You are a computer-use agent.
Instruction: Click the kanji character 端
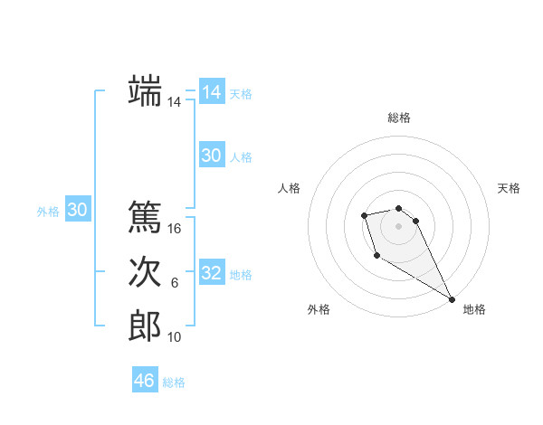tap(145, 91)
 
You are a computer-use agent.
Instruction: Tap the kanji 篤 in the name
tap(145, 217)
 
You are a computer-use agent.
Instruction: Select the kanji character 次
tap(145, 271)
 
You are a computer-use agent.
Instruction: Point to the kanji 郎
tap(145, 326)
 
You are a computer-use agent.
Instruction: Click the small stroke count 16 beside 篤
tap(175, 229)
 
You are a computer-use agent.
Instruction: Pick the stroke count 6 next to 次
tap(175, 283)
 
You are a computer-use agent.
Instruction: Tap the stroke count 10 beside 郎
tap(175, 337)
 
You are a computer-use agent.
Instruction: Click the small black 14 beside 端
tap(175, 103)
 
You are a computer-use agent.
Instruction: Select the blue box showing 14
tap(212, 92)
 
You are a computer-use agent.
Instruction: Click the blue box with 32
tap(212, 273)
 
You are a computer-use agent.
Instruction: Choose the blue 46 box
tap(144, 381)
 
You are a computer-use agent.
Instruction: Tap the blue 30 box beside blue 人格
tap(212, 156)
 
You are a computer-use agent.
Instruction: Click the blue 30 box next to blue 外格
tap(78, 210)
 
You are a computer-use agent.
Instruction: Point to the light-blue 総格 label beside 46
tap(174, 382)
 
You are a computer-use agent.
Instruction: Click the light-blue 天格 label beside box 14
tap(241, 94)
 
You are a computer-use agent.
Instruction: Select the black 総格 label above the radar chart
tap(399, 118)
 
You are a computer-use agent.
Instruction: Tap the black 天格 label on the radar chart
tap(510, 188)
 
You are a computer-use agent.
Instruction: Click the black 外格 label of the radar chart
tap(319, 309)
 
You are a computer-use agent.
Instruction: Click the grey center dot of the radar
tap(398, 225)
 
